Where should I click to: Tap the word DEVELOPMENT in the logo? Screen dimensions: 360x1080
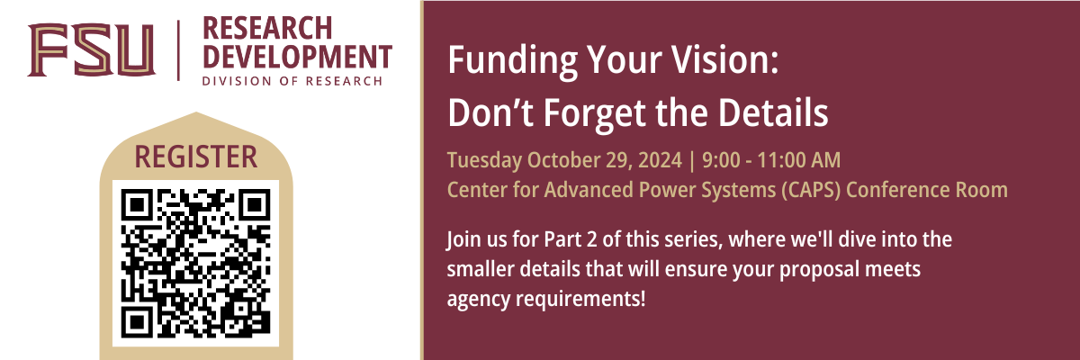click(297, 56)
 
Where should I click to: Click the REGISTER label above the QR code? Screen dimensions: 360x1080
click(195, 157)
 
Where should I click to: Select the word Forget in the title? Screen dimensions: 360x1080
click(591, 113)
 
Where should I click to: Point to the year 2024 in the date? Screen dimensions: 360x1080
click(652, 161)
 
